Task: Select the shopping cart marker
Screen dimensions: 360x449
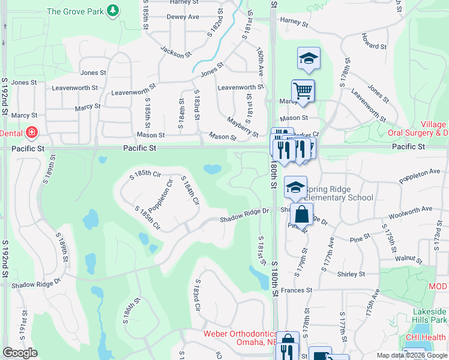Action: [303, 91]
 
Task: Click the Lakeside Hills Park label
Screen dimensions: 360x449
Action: [429, 316]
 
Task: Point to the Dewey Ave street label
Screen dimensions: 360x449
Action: [182, 17]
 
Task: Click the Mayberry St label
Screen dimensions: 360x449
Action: [242, 127]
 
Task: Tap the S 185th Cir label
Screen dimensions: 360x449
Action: [146, 175]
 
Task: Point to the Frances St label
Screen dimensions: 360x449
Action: [301, 290]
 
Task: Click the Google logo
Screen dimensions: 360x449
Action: [20, 353]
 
